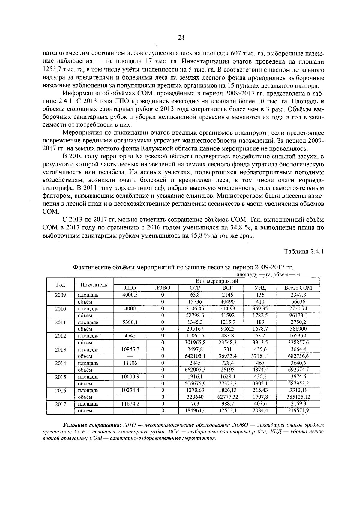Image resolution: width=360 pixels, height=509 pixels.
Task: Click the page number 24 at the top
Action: tap(181, 37)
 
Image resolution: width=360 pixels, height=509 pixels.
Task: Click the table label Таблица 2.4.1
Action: tap(304, 251)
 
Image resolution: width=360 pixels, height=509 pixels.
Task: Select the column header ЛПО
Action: tap(130, 288)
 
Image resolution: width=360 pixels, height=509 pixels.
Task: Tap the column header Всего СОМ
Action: tap(298, 288)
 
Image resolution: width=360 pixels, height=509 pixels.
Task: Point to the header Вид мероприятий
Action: tap(217, 281)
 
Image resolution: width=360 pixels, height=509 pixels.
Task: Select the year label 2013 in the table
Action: tap(60, 350)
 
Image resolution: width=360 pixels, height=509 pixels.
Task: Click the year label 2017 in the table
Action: tap(60, 404)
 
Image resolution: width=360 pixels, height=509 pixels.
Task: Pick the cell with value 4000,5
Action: tap(130, 295)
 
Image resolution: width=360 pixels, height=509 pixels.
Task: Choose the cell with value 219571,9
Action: tap(298, 411)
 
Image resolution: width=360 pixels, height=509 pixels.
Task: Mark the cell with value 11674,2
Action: tap(130, 404)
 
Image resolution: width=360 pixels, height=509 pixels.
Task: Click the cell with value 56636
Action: tap(298, 302)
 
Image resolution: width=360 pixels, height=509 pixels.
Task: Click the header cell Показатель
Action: tap(94, 284)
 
